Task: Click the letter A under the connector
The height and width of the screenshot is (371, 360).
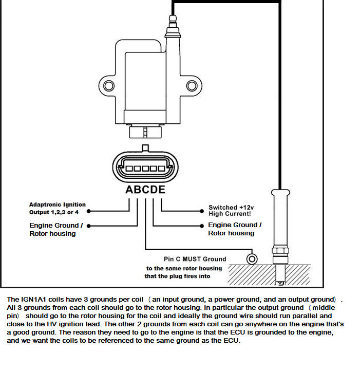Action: [x=130, y=190]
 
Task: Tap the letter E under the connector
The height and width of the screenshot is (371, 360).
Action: [x=162, y=190]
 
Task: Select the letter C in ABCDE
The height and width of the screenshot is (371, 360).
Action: [x=146, y=190]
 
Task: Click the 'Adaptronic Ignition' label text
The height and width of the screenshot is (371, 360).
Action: [x=58, y=205]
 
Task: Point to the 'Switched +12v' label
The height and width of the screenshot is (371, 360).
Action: [x=231, y=208]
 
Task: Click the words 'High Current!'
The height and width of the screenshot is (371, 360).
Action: [x=230, y=214]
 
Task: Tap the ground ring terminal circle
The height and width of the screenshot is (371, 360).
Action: [x=252, y=258]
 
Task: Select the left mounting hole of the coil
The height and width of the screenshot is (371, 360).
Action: [x=108, y=84]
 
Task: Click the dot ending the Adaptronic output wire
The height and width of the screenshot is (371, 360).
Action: [x=89, y=211]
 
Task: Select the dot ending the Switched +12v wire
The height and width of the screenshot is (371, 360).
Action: [x=202, y=211]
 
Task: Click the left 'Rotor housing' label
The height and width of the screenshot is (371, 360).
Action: [x=52, y=234]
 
